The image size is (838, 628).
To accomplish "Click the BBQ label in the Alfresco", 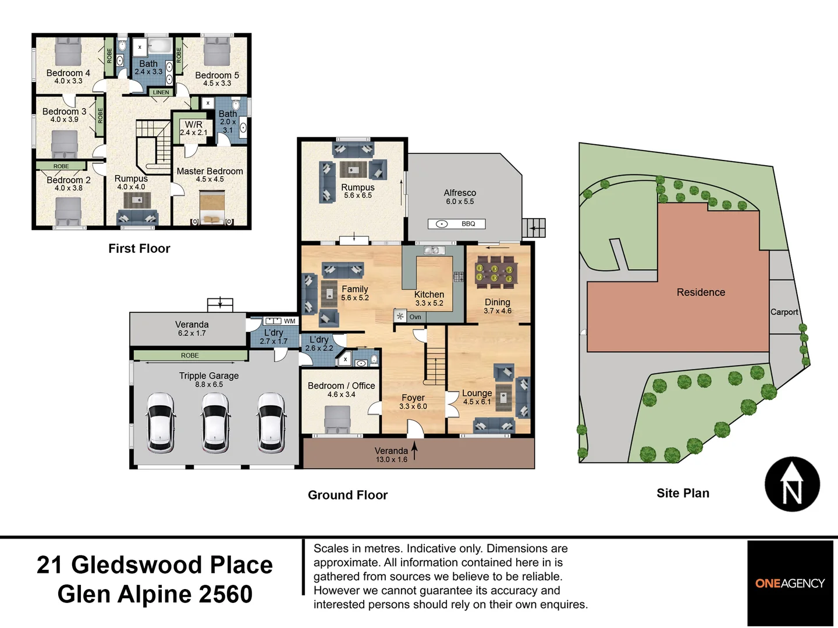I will tap(468, 224).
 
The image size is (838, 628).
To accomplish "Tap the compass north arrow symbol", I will tap(792, 484).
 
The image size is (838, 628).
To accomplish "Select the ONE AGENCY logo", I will tap(790, 583).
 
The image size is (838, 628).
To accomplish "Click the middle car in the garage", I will tap(216, 423).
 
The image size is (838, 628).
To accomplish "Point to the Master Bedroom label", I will tap(210, 171).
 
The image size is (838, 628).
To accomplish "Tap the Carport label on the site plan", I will tap(784, 312).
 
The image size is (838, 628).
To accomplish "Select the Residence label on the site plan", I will tap(701, 292).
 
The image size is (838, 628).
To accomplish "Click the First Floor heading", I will tap(139, 248).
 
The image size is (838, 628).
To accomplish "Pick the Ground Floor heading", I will tap(347, 495).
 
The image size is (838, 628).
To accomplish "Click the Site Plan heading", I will tap(683, 493).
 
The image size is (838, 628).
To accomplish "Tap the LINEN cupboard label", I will tap(161, 92).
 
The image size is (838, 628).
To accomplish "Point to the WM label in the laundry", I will tap(289, 321).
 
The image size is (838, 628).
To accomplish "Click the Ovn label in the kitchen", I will tap(415, 317).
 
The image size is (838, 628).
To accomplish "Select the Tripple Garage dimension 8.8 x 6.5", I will tap(209, 384).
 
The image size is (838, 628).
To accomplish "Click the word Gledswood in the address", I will tap(136, 565).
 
